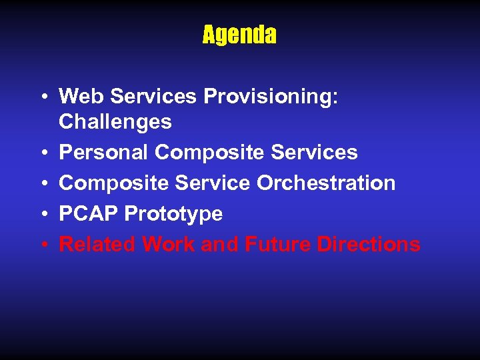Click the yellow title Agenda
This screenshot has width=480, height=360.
[x=239, y=35]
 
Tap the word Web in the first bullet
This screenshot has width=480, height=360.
[x=82, y=97]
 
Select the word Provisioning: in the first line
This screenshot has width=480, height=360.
[x=271, y=97]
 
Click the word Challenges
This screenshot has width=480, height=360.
[x=115, y=122]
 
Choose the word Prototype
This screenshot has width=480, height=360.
[x=173, y=214]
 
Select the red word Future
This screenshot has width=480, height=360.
[x=277, y=244]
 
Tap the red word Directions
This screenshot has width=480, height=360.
[x=369, y=244]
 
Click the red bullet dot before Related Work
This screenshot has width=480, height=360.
[x=43, y=245]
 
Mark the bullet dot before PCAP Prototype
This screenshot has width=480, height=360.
[x=43, y=214]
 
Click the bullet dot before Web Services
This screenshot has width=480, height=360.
[x=43, y=97]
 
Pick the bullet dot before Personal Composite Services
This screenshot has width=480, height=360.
[x=43, y=153]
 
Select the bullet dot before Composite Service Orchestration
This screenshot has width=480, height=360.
[x=43, y=183]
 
